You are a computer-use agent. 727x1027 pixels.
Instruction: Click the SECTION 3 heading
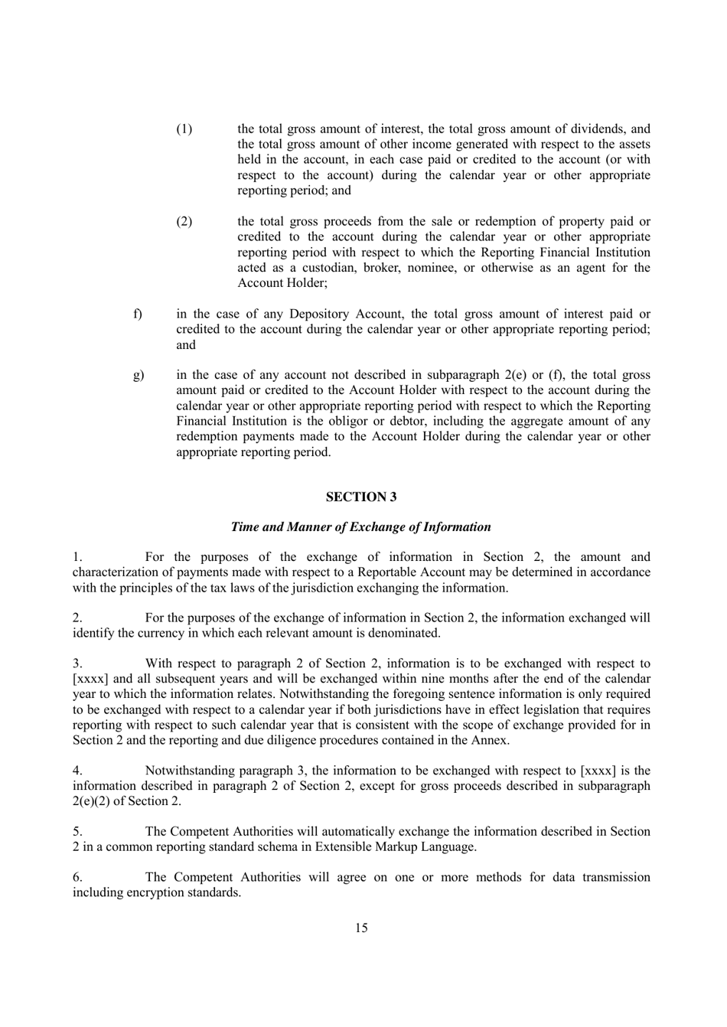coord(361,497)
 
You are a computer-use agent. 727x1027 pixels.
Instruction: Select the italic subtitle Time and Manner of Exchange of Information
coord(360,527)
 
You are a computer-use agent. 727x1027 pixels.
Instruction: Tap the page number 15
coord(361,928)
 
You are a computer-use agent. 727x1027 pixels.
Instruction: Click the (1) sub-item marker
coord(184,129)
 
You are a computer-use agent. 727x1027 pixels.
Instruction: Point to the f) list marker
coord(138,314)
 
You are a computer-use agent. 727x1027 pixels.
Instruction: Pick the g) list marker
coord(139,375)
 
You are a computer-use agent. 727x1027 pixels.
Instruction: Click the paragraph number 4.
coord(77,771)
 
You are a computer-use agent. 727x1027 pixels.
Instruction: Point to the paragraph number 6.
coord(77,877)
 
